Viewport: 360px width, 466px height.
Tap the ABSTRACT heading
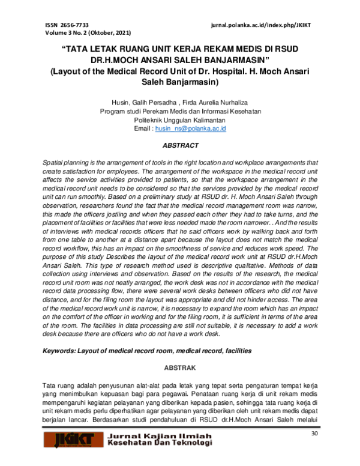(x=181, y=146)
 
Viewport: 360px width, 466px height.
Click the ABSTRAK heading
(x=181, y=367)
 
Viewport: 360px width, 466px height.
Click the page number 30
(x=314, y=435)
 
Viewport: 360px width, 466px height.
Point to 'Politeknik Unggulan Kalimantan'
(x=181, y=120)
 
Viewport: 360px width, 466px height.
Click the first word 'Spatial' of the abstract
(x=53, y=163)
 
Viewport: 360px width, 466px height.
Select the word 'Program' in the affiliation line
(x=113, y=112)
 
